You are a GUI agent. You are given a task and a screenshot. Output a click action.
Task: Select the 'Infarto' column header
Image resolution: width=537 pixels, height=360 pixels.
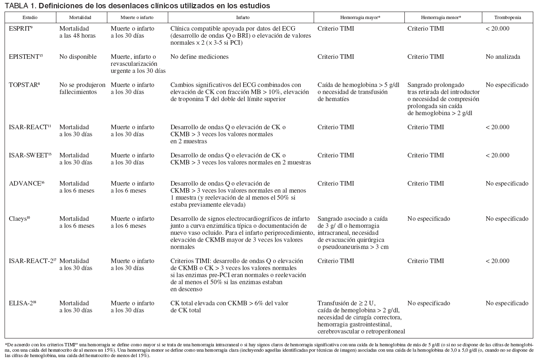242,18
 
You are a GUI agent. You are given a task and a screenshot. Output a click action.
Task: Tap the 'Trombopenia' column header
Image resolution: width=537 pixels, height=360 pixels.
507,18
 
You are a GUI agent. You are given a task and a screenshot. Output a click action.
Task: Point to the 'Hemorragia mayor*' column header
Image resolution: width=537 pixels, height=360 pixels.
359,18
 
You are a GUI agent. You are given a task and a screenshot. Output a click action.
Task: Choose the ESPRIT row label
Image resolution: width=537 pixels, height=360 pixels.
21,29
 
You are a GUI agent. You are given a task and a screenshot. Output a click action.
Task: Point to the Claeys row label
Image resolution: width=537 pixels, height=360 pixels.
19,219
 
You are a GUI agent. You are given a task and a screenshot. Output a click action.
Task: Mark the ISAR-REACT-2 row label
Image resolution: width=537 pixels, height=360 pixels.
32,261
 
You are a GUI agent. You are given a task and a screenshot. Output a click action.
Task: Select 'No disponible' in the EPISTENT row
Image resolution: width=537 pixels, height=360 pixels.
78,57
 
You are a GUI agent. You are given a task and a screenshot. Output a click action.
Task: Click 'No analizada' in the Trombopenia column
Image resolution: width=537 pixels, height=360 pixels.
503,57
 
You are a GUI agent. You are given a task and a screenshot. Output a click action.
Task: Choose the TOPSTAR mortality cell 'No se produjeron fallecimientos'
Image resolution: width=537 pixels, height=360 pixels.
82,88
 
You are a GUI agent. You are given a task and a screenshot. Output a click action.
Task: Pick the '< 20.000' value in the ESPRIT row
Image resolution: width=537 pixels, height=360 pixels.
497,29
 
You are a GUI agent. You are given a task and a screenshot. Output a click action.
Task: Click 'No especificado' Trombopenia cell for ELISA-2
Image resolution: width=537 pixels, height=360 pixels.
507,303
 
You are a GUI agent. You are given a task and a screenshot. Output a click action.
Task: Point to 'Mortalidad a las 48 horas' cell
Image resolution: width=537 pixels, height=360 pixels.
77,32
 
